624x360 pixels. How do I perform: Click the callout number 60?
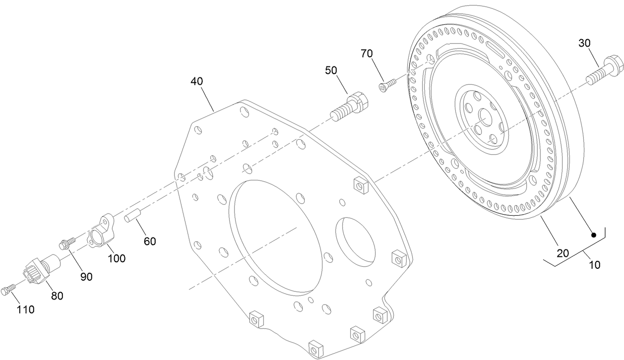(149, 241)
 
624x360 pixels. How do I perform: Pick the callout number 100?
(118, 258)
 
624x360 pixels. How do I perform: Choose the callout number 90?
(87, 277)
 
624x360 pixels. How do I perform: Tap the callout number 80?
(57, 296)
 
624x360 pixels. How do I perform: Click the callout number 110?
(25, 310)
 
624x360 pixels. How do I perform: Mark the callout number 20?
(562, 253)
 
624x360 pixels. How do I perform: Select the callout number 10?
(594, 264)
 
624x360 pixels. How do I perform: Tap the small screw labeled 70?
(389, 85)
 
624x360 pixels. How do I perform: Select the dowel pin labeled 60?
(133, 217)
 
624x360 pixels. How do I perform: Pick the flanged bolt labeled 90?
(66, 243)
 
